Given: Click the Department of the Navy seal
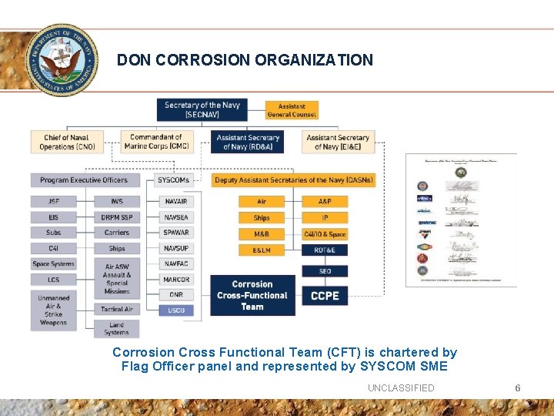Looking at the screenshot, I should pos(62,59).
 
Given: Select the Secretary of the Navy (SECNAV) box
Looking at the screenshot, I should pos(202,109).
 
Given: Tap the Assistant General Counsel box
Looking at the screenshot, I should pos(292,110).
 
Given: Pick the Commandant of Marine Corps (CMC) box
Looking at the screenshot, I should pos(156,142).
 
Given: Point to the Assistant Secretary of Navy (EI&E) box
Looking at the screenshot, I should pos(337,142).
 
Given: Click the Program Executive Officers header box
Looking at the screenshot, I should pos(85,179).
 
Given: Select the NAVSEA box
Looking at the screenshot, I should pos(176,217).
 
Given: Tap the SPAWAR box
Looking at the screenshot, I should pos(176,233).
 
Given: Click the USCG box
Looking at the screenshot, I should pos(176,310).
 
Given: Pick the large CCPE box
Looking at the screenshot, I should pos(325,295).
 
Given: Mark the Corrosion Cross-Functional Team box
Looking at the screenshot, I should pos(252,295).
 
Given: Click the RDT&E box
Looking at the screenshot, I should pos(325,250).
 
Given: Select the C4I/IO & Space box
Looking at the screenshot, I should pos(325,233).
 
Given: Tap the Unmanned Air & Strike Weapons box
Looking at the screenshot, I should pos(53,310).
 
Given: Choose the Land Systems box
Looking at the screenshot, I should pos(116,329).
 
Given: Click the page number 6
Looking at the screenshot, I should pos(518,387).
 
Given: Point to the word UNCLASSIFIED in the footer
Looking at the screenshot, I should pos(400,387).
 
